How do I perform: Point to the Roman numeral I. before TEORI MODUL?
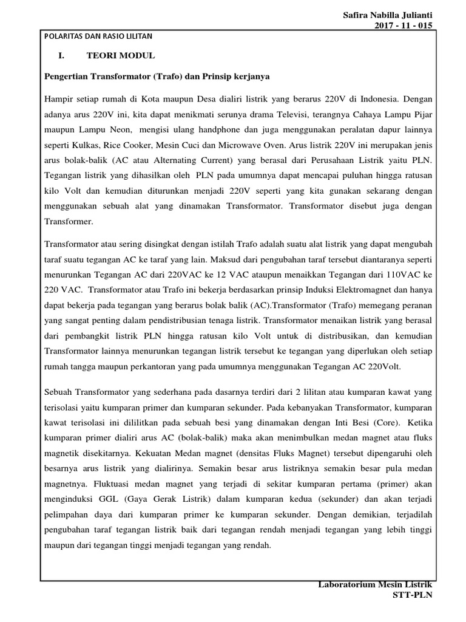(61, 56)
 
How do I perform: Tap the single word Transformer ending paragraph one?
(69, 222)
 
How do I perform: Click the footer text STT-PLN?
(413, 595)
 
